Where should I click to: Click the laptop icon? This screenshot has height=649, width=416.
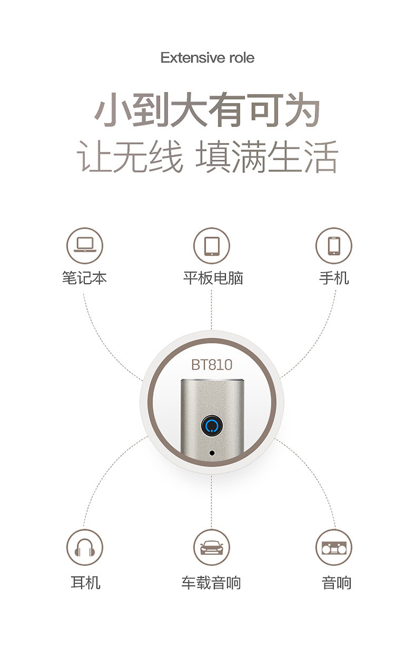[x=85, y=246]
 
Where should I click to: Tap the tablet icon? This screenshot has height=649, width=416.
[x=211, y=246]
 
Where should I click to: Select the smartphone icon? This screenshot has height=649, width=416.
[x=334, y=246]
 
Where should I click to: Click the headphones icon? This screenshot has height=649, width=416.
[x=85, y=548]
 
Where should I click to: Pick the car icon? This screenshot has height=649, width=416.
[x=211, y=548]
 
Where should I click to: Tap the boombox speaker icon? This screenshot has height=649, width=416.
[x=334, y=548]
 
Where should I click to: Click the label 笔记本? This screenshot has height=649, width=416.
[x=85, y=278]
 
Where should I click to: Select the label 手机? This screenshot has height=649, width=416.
[x=334, y=278]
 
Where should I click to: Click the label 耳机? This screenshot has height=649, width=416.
[x=85, y=582]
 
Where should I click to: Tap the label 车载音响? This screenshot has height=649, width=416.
[x=211, y=582]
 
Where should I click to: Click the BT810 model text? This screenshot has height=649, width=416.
[x=211, y=365]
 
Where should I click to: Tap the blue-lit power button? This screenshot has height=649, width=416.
[x=211, y=426]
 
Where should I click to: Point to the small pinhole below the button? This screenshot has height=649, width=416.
[x=211, y=453]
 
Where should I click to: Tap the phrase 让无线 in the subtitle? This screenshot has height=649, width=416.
[x=129, y=157]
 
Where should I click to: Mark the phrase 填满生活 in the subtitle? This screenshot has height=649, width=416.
[x=267, y=157]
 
